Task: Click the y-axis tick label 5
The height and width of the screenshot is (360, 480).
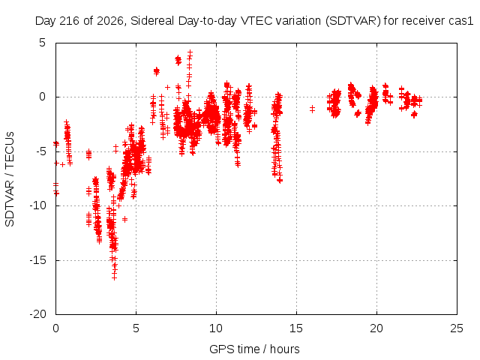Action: (x=42, y=43)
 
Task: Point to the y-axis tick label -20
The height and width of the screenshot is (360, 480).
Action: (x=38, y=314)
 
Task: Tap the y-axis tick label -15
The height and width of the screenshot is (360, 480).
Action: (x=38, y=260)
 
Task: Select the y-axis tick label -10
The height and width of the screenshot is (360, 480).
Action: (x=38, y=205)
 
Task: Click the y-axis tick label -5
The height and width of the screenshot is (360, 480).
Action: (x=40, y=151)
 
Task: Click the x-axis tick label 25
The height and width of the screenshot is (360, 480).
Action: (x=457, y=328)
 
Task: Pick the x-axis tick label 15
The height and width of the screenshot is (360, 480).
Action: (x=296, y=328)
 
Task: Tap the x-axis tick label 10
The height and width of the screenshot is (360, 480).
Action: (x=216, y=328)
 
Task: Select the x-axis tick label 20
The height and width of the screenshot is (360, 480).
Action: (x=376, y=328)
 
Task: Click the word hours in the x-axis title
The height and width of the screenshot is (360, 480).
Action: (x=285, y=349)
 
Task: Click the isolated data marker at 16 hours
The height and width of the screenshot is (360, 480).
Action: (x=312, y=109)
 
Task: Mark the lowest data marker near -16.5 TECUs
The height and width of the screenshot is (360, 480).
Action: (x=114, y=277)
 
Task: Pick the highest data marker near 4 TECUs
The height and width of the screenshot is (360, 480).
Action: (x=190, y=53)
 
